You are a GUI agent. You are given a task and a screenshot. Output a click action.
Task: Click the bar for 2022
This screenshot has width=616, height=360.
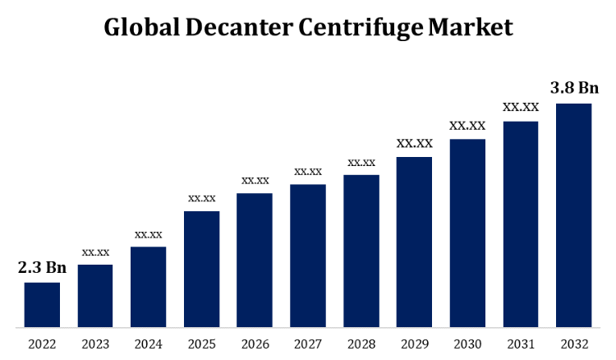pyautogui.click(x=42, y=305)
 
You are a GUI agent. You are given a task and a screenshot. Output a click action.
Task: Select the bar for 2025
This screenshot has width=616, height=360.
pyautogui.click(x=201, y=270)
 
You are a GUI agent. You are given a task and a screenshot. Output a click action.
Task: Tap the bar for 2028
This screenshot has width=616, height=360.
pyautogui.click(x=361, y=252)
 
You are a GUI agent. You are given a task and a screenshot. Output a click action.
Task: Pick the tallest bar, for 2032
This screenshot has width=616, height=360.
pyautogui.click(x=573, y=215)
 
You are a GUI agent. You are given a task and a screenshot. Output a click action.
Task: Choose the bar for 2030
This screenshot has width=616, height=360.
pyautogui.click(x=467, y=233)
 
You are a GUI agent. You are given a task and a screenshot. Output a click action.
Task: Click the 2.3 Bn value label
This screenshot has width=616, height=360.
pyautogui.click(x=42, y=267)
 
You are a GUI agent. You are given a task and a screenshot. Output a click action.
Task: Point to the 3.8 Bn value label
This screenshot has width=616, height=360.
pyautogui.click(x=574, y=87)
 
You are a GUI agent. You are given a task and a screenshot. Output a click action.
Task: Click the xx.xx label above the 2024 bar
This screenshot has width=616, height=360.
pyautogui.click(x=149, y=234)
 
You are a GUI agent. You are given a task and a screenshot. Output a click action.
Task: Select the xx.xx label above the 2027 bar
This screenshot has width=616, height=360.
pyautogui.click(x=308, y=171)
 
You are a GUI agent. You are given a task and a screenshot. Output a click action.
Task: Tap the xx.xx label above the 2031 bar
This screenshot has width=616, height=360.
pyautogui.click(x=521, y=107)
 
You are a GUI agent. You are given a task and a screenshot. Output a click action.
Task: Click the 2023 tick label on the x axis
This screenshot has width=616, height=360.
pyautogui.click(x=95, y=344)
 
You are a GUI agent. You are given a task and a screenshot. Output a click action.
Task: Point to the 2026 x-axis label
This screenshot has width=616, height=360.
pyautogui.click(x=255, y=344)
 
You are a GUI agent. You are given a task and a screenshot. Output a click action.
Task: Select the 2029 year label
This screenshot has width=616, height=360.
pyautogui.click(x=414, y=344)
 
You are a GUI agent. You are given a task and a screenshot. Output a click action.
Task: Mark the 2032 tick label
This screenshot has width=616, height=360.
pyautogui.click(x=573, y=344)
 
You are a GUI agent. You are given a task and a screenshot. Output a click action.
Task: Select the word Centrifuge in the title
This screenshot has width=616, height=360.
pyautogui.click(x=362, y=27)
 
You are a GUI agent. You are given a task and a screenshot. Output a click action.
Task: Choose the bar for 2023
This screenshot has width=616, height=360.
pyautogui.click(x=95, y=296)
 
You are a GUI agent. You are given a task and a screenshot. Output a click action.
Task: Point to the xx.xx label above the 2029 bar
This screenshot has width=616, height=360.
pyautogui.click(x=414, y=143)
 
